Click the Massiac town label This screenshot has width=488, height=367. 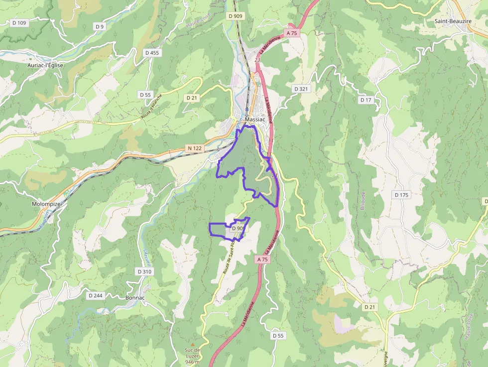254,120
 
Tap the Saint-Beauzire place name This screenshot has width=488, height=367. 453,21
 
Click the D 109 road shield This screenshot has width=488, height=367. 19,23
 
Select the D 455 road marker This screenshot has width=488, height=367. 152,53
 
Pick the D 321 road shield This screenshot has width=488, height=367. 301,89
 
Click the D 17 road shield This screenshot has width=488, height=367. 366,100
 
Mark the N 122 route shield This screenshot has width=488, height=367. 195,148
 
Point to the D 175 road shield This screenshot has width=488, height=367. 401,195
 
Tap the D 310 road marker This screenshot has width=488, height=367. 144,271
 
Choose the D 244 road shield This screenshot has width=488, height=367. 95,295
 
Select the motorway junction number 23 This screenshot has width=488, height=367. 257,60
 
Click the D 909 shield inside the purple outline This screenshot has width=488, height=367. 238,229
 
